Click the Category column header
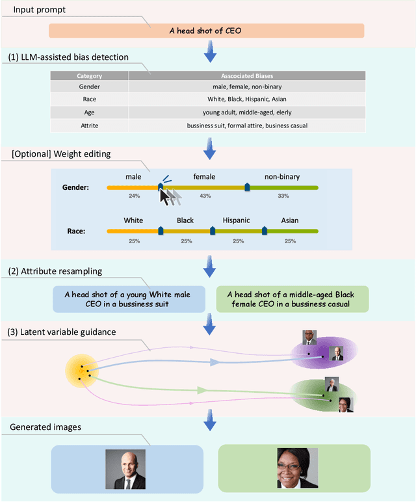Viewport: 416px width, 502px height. point(90,76)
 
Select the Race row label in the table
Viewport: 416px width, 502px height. point(90,99)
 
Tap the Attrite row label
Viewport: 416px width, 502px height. point(90,125)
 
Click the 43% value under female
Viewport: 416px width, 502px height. point(205,196)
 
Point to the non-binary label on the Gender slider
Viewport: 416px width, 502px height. point(282,177)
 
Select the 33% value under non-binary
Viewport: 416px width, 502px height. point(283,196)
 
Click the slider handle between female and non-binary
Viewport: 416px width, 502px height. point(247,187)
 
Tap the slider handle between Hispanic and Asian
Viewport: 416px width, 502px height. point(264,230)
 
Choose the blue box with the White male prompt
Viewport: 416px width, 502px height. point(129,298)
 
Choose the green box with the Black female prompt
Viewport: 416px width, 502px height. point(292,298)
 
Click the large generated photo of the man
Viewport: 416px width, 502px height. point(129,469)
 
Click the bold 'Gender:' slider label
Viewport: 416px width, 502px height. point(75,187)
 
